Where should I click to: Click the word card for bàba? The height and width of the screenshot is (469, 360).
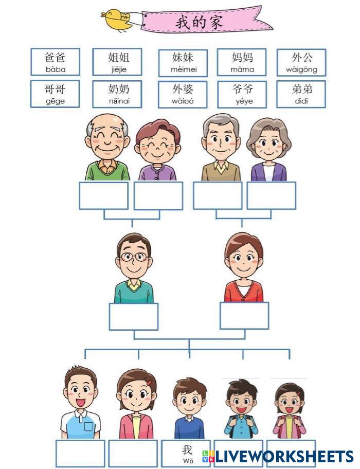55,62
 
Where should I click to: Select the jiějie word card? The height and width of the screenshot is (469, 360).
117,62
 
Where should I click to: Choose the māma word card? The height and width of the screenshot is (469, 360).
242,62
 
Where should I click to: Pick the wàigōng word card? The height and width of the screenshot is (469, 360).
301,62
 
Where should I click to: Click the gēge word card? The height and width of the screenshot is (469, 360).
55,94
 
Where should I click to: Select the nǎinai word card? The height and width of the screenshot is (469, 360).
117,94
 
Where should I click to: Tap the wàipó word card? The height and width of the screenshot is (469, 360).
183,94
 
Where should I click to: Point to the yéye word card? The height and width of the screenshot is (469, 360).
242,94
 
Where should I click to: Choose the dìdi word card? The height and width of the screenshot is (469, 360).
301,94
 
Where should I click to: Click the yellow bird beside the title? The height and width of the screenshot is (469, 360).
117,20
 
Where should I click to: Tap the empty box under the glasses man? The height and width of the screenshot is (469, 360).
134,316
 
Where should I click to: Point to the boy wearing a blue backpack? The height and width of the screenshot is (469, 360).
241,409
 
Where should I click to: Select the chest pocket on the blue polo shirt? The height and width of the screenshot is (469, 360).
88,426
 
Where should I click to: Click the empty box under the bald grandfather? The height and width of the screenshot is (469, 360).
103,195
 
